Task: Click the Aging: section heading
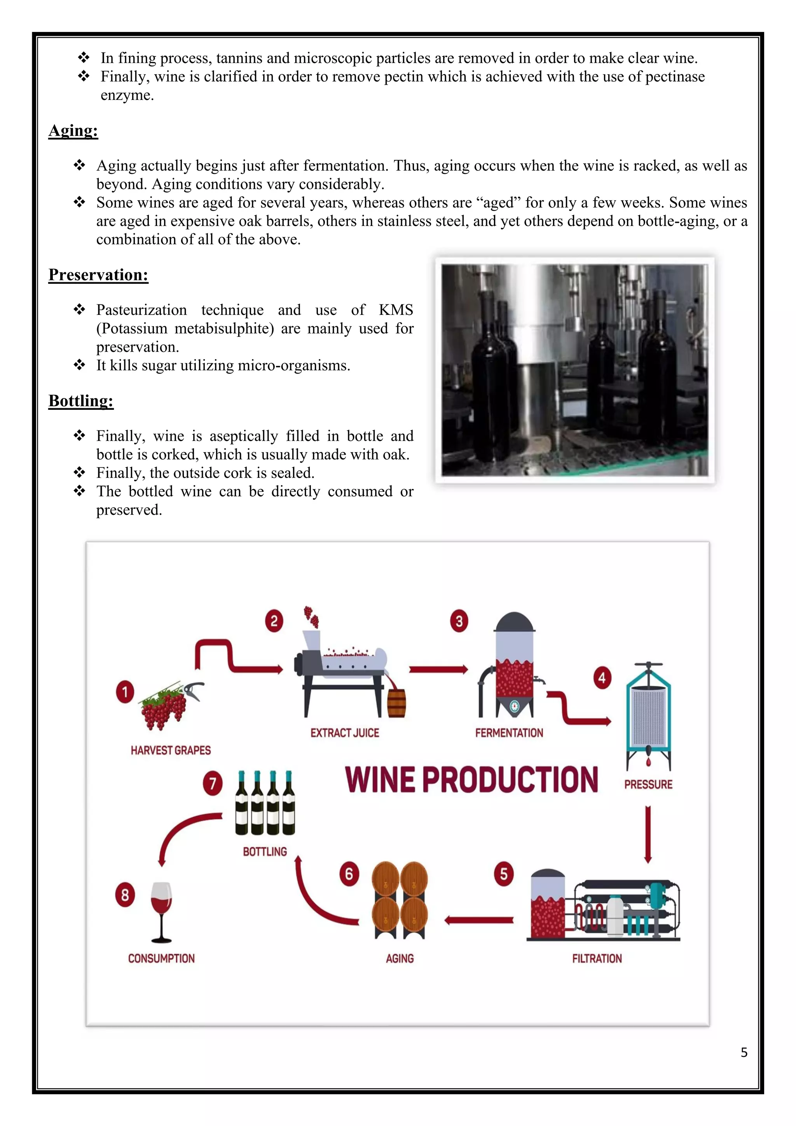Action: [x=73, y=131]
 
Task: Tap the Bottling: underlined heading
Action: [x=81, y=401]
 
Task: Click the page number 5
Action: [x=744, y=1053]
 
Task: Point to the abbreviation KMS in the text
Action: [x=396, y=310]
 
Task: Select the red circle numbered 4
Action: [x=602, y=678]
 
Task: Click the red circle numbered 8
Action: [x=125, y=895]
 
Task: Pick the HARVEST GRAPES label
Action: [x=171, y=750]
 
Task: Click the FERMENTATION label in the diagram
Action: [x=509, y=733]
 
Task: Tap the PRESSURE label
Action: [x=648, y=784]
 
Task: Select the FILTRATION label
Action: [x=597, y=958]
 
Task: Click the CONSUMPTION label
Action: [x=161, y=958]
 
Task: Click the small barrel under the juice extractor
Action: [x=396, y=704]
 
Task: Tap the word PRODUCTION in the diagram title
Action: [x=510, y=780]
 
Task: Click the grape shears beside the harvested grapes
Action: [x=194, y=689]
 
